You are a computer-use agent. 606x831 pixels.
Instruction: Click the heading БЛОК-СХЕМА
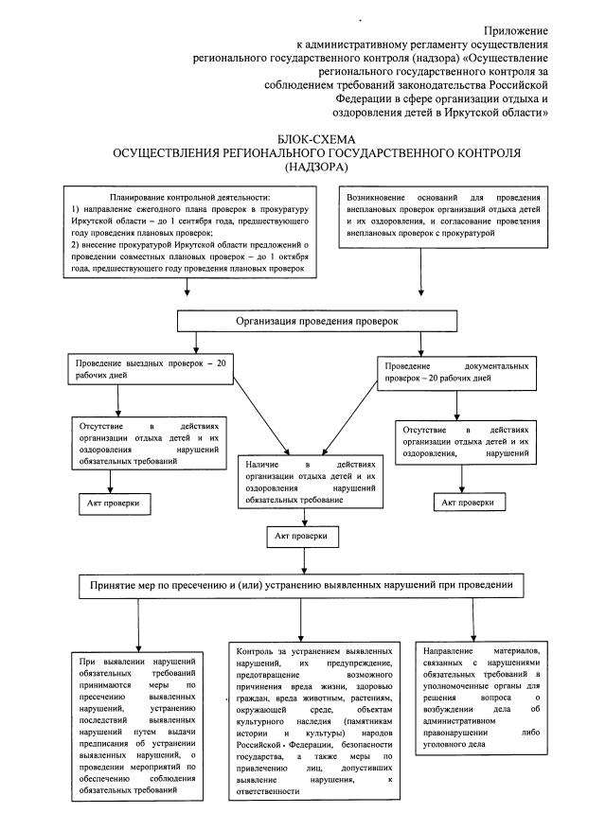(x=312, y=137)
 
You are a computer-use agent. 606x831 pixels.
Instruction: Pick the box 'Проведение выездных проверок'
(x=150, y=369)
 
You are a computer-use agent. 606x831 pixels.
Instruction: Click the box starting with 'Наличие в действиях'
(x=311, y=482)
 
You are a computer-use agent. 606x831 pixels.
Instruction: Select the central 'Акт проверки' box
(x=301, y=536)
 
